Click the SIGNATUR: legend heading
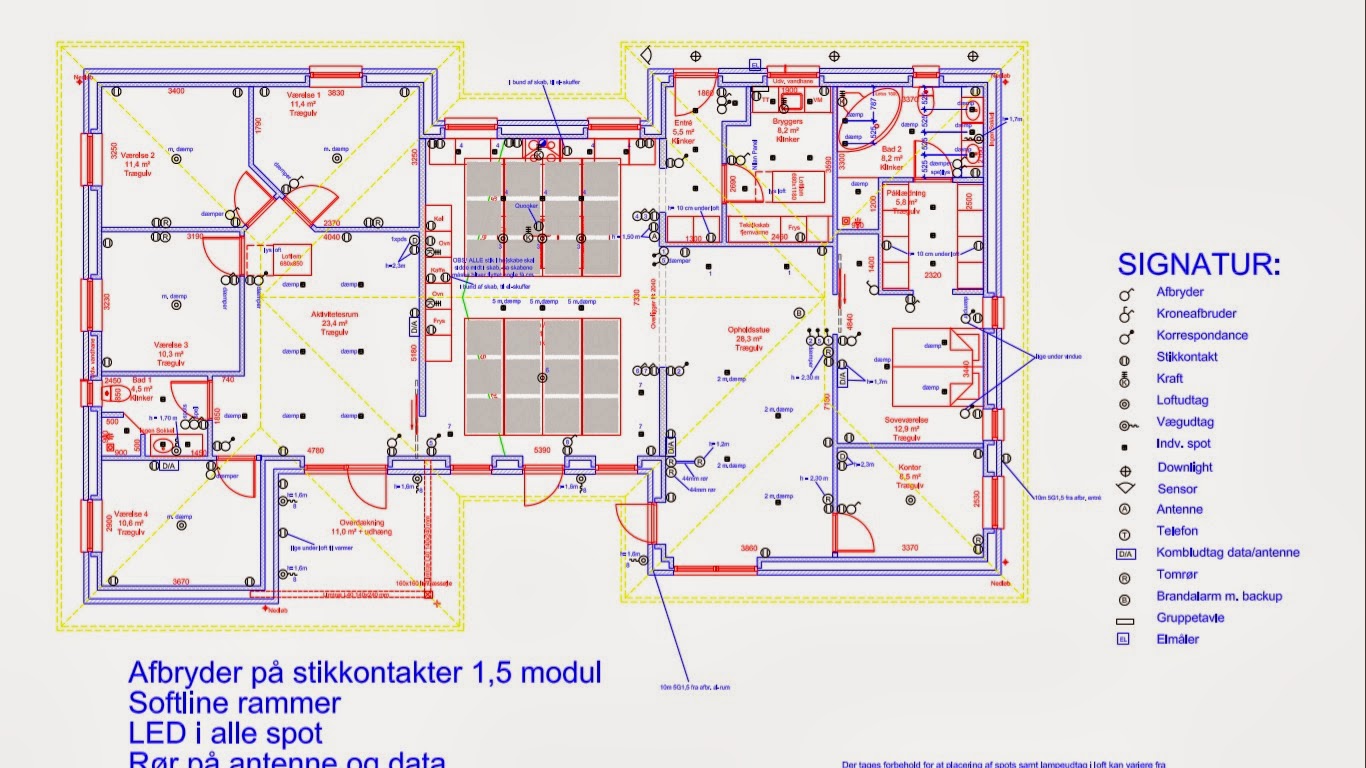point(1198,265)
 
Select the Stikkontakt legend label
point(1187,357)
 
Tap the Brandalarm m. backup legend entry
point(1219,596)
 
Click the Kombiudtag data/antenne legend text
point(1228,553)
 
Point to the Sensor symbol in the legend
point(1125,489)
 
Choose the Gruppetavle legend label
point(1190,618)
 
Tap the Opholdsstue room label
point(749,331)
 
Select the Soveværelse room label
point(908,421)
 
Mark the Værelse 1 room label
point(303,93)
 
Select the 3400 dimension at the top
point(175,91)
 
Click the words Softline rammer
point(234,703)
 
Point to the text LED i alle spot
point(225,733)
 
